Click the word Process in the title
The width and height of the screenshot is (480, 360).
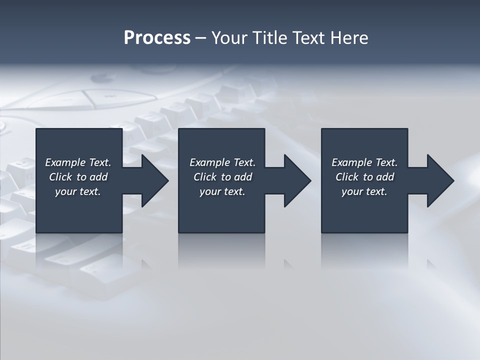coord(157,38)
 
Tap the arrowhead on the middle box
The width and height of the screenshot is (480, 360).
coord(296,180)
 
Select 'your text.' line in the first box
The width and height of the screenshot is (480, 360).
coord(78,191)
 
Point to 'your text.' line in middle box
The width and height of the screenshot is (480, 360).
coord(222,191)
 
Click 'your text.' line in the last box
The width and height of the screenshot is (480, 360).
coord(364,191)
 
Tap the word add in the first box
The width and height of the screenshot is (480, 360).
coord(98,177)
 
